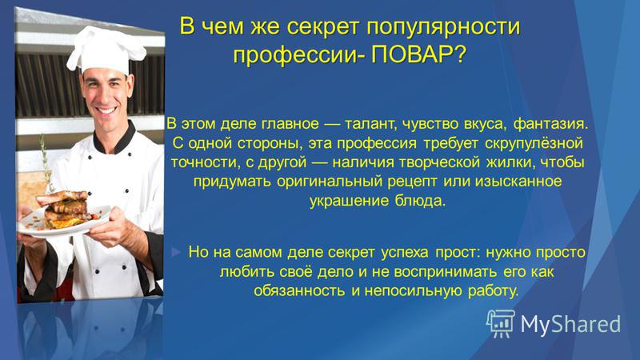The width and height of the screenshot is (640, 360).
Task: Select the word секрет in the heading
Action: (x=323, y=26)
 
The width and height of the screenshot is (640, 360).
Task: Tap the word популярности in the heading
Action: (x=443, y=27)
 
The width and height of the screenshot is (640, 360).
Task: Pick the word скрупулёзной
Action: (x=534, y=143)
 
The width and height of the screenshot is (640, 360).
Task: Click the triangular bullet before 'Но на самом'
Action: (x=175, y=252)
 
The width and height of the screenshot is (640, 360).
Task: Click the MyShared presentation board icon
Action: (x=501, y=323)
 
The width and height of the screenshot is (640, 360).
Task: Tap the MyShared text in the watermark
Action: (x=570, y=324)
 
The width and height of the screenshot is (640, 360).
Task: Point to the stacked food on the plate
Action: (x=66, y=208)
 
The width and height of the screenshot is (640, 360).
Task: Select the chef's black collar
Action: (x=115, y=138)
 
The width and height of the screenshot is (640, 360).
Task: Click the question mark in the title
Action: (x=459, y=54)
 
